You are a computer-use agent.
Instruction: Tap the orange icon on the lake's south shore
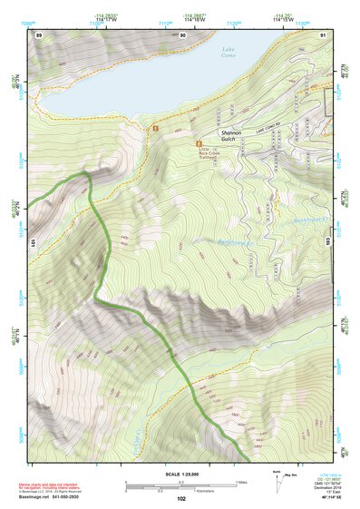(x=156, y=129)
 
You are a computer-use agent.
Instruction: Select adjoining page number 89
(x=38, y=34)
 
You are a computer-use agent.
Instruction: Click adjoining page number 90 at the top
(x=182, y=34)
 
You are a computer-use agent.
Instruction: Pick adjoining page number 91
(x=322, y=34)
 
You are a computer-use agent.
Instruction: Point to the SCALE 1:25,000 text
(x=180, y=475)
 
